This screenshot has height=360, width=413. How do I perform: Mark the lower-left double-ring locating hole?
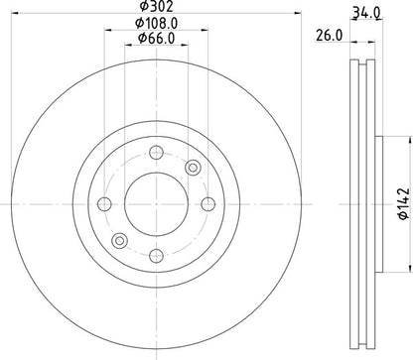click(120, 239)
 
